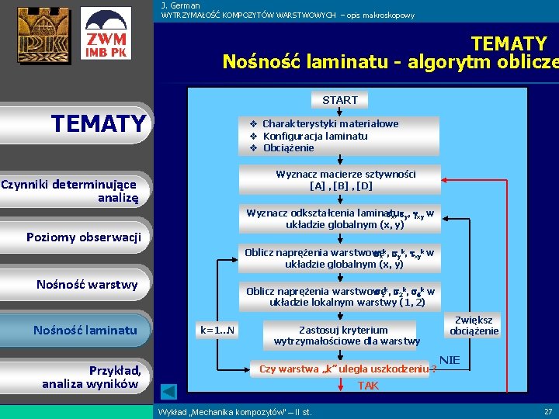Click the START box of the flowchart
click(340, 100)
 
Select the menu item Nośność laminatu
click(85, 331)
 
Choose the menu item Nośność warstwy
click(87, 284)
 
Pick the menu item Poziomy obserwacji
click(83, 237)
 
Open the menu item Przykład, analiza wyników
click(92, 376)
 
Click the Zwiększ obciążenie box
click(474, 326)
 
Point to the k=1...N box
click(218, 331)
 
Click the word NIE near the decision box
click(450, 360)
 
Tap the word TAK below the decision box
click(368, 385)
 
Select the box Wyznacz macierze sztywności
click(340, 180)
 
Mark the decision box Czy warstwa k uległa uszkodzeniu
click(345, 369)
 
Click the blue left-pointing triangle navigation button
click(169, 391)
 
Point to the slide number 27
click(548, 411)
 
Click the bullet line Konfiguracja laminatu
click(314, 136)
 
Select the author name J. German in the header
click(180, 5)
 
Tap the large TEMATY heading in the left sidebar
click(98, 123)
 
